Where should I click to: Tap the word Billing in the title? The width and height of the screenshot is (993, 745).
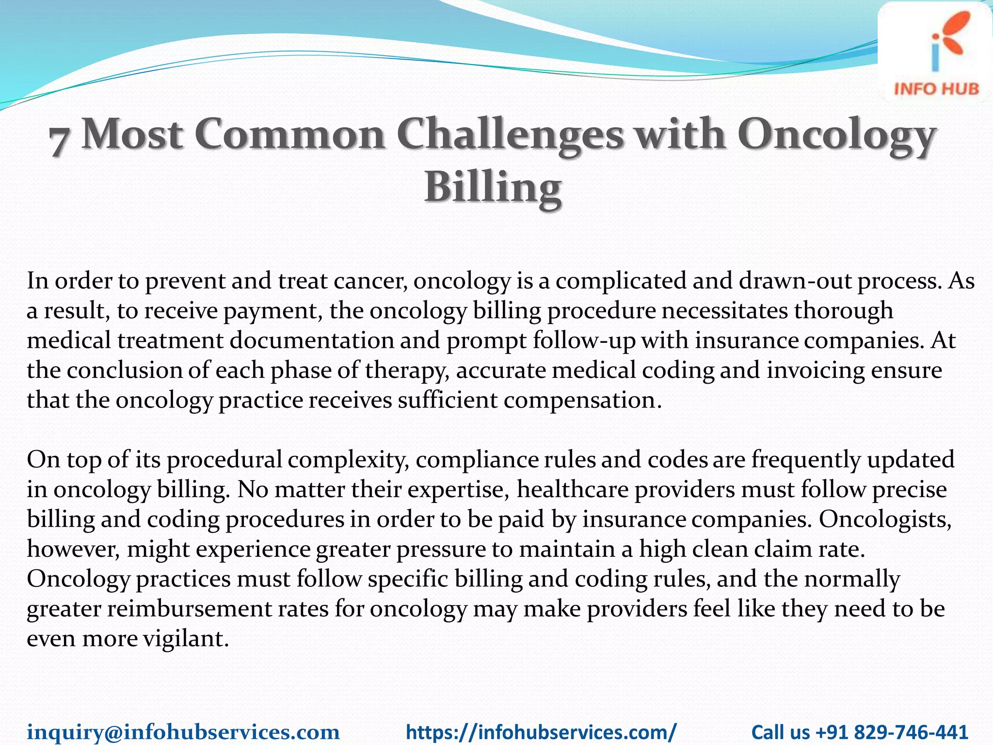(x=493, y=188)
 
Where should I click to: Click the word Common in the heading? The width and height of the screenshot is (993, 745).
(x=289, y=135)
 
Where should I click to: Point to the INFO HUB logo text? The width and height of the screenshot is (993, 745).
(x=936, y=89)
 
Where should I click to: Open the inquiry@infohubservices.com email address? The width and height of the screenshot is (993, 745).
(x=183, y=731)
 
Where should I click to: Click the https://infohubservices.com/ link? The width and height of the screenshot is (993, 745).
(x=541, y=731)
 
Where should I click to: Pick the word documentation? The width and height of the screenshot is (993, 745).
(x=312, y=340)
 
